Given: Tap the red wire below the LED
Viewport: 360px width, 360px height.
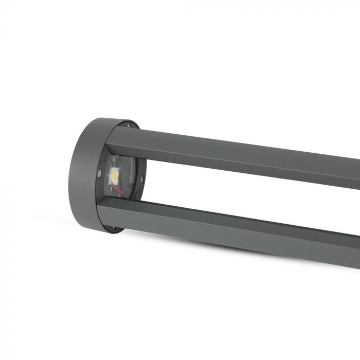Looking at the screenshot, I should [119, 191].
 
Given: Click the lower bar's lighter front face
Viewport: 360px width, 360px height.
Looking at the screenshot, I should [231, 234].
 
